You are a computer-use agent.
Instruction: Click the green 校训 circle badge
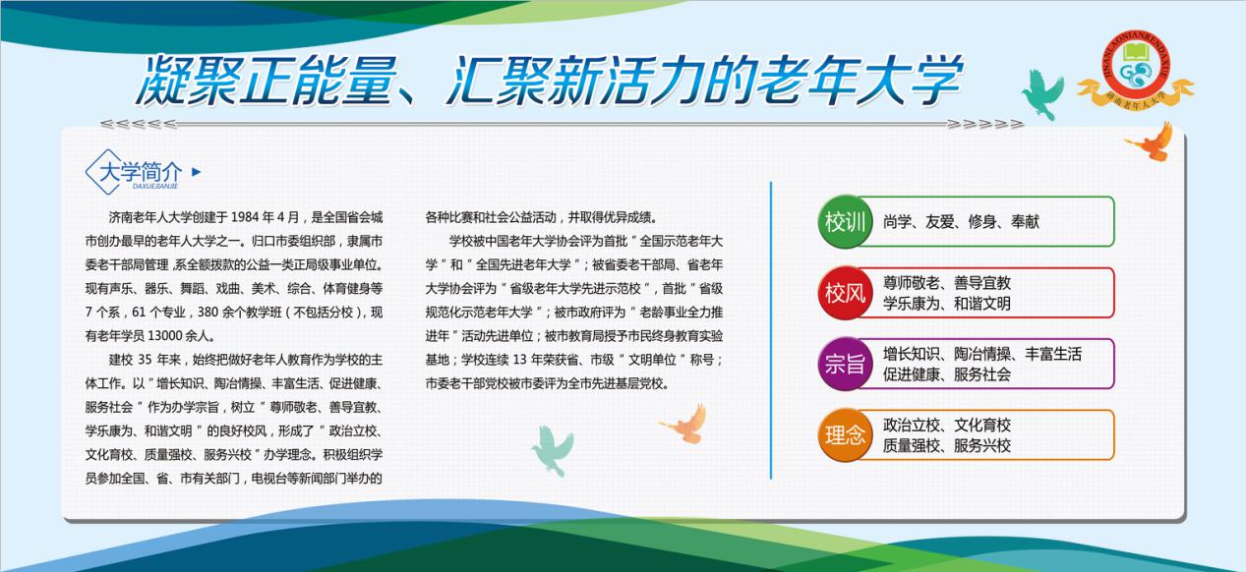(845, 221)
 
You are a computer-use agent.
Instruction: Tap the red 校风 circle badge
(845, 293)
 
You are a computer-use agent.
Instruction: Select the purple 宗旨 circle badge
(845, 364)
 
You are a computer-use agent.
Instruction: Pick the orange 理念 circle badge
(845, 434)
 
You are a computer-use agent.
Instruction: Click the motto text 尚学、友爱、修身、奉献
(961, 222)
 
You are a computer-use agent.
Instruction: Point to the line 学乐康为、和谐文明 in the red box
(947, 304)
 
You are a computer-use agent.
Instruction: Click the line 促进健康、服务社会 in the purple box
(947, 374)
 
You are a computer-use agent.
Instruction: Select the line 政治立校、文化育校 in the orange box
(947, 425)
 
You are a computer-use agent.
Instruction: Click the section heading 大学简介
(141, 171)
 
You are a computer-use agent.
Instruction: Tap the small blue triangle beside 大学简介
(196, 172)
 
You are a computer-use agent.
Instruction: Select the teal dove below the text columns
(553, 450)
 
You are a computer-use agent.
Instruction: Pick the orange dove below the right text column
(684, 424)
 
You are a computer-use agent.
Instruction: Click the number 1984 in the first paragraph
(245, 217)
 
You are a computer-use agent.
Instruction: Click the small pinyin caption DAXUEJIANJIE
(155, 187)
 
